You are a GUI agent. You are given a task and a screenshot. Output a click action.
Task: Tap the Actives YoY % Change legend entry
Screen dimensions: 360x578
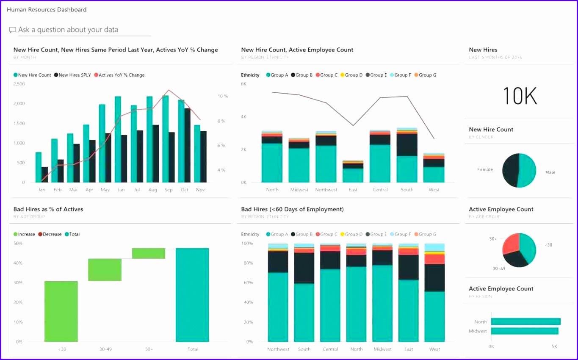pyautogui.click(x=119, y=75)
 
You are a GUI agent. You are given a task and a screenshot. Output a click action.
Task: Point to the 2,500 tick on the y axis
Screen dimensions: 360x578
pyautogui.click(x=19, y=84)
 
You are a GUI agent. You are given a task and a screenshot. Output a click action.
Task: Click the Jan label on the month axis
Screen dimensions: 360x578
pyautogui.click(x=41, y=190)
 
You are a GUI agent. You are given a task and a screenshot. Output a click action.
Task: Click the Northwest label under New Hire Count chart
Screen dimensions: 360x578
pyautogui.click(x=326, y=190)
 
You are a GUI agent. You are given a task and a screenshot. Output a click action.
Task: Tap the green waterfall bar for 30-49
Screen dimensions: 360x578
pyautogui.click(x=105, y=270)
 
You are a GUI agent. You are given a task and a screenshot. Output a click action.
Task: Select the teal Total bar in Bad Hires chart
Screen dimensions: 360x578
pyautogui.click(x=192, y=295)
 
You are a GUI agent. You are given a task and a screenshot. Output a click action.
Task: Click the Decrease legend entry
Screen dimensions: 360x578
pyautogui.click(x=50, y=234)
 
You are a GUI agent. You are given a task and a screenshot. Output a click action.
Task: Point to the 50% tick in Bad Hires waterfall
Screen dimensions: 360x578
pyautogui.click(x=18, y=244)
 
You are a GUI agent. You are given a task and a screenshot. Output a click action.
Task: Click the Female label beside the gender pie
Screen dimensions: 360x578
pyautogui.click(x=485, y=169)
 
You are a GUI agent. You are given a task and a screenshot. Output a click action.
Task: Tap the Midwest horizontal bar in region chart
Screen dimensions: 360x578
pyautogui.click(x=525, y=331)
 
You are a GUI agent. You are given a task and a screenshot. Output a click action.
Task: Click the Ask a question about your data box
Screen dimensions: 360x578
pyautogui.click(x=80, y=30)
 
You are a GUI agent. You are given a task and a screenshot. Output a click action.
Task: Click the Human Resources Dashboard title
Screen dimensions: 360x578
pyautogui.click(x=47, y=9)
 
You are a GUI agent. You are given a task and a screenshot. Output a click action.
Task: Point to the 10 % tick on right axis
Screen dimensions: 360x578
pyautogui.click(x=223, y=97)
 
